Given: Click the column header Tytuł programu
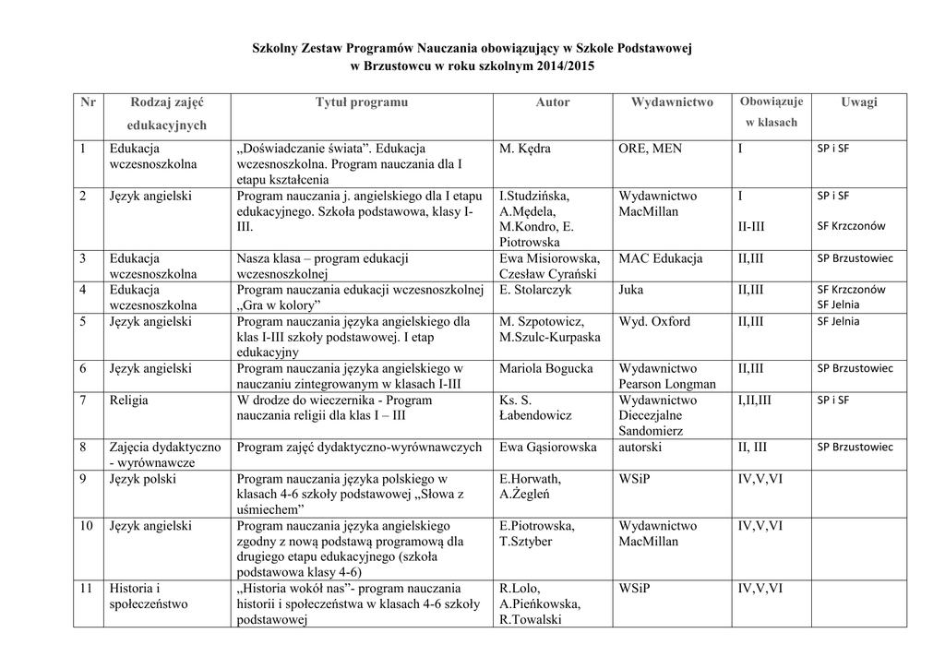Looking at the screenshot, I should click(x=362, y=102).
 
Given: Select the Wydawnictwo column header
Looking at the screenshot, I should click(x=672, y=102).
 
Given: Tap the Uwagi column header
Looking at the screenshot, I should click(x=858, y=102).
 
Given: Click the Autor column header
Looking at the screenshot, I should click(x=553, y=102).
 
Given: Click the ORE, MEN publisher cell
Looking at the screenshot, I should click(x=651, y=148).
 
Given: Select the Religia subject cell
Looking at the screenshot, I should click(x=128, y=400).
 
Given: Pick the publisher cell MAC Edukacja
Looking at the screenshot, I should click(x=661, y=258).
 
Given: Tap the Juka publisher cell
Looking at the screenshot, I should click(x=633, y=290).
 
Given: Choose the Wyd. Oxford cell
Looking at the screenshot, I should click(x=654, y=321).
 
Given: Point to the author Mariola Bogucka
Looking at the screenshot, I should click(x=545, y=368).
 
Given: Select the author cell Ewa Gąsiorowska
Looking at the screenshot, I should click(x=548, y=448).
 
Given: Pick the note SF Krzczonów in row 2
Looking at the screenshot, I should click(x=851, y=226).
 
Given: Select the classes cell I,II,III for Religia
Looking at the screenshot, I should click(x=754, y=400).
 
